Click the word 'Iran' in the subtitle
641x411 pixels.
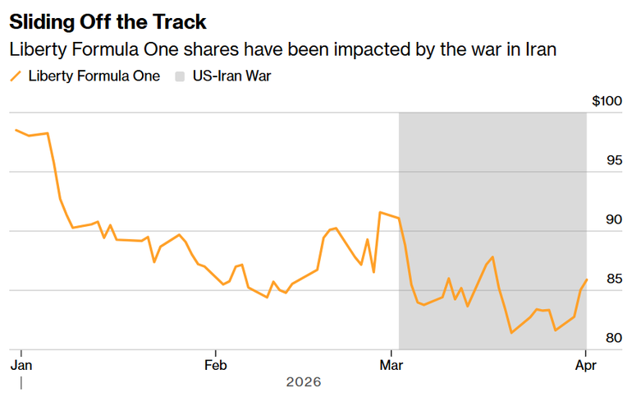click(x=540, y=49)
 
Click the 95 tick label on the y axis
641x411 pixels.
click(x=614, y=160)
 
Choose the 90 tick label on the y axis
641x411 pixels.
click(x=614, y=219)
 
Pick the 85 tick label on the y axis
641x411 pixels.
click(x=614, y=279)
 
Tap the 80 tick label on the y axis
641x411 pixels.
click(x=614, y=338)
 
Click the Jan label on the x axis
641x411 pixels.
click(x=21, y=364)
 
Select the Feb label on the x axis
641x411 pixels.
click(x=215, y=364)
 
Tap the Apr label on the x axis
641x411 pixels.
click(x=585, y=364)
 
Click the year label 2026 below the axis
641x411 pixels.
click(x=304, y=382)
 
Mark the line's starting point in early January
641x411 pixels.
click(x=16, y=130)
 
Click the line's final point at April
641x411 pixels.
click(x=587, y=279)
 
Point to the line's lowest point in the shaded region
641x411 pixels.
click(x=511, y=333)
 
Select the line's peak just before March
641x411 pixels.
click(x=380, y=212)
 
